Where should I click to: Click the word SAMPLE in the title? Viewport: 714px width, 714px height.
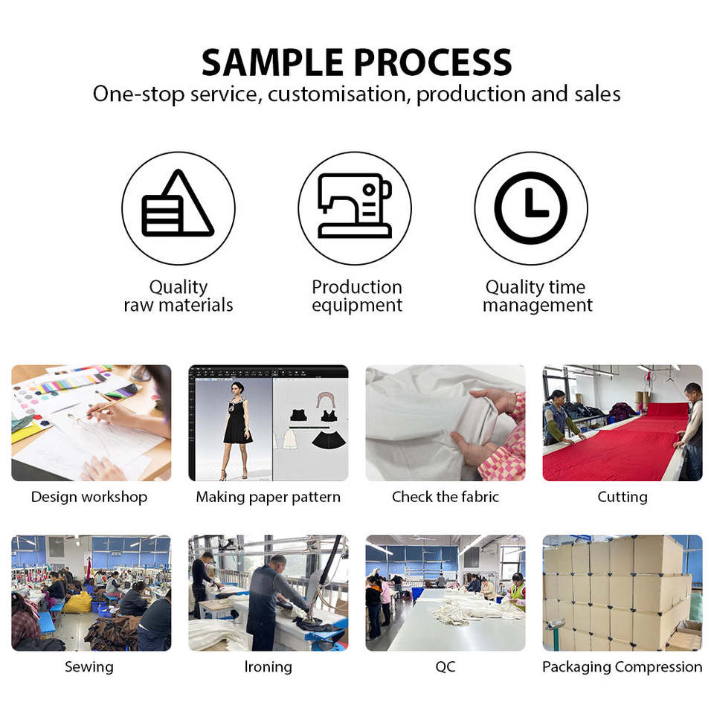(272, 62)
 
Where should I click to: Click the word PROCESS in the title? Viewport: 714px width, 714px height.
(433, 62)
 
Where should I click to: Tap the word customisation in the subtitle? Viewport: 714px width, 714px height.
(336, 94)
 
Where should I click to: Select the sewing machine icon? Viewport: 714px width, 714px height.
(355, 205)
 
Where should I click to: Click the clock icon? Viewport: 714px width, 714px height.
(531, 208)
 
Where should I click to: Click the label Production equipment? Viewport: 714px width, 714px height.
(357, 296)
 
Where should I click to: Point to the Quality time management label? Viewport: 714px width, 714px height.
(537, 296)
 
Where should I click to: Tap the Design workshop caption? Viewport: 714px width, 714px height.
(89, 497)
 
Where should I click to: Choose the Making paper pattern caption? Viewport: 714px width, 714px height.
(268, 497)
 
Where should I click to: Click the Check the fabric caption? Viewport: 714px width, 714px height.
(446, 496)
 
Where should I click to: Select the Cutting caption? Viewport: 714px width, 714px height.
(623, 497)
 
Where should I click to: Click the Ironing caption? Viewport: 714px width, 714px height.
(268, 666)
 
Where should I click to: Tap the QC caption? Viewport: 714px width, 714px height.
(446, 666)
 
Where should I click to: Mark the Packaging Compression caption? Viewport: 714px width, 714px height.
(623, 667)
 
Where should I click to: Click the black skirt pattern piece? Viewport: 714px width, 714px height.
(329, 440)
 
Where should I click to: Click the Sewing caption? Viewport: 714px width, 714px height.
(89, 667)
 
